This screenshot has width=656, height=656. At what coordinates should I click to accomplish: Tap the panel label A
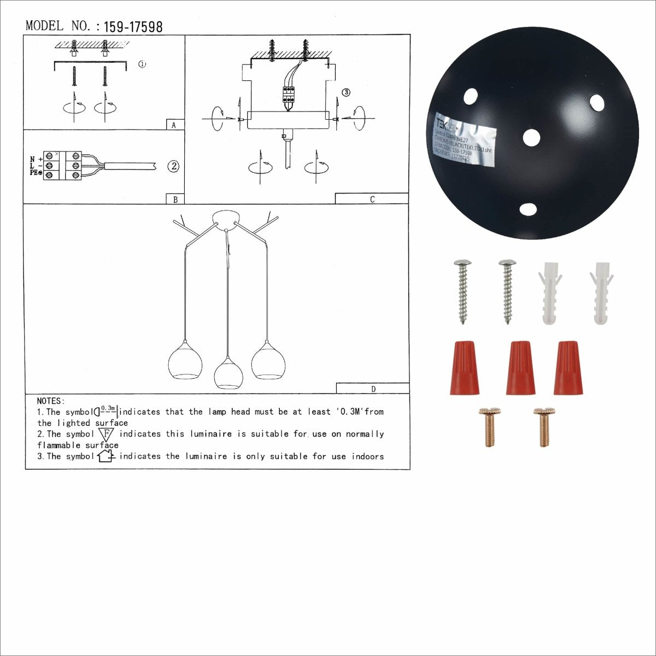[174, 125]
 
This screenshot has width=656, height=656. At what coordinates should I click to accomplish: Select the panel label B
[175, 200]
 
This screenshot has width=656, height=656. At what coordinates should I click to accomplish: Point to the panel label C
[372, 200]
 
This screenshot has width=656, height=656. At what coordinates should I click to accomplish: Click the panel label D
[373, 389]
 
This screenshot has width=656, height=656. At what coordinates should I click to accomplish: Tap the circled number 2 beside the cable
[173, 166]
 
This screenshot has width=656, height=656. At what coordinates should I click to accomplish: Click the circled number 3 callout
[345, 92]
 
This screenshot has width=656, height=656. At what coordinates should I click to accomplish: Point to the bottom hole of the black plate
[528, 209]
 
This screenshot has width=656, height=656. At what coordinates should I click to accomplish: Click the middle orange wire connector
[519, 367]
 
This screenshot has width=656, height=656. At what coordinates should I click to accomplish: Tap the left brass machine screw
[489, 427]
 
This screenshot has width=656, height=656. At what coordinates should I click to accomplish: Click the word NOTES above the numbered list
[51, 401]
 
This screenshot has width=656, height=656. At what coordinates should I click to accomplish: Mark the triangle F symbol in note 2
[106, 435]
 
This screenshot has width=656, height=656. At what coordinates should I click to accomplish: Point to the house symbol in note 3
[106, 455]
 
